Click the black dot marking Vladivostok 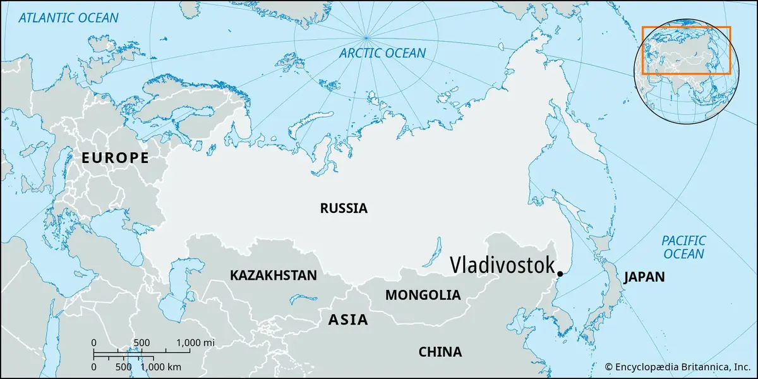[560, 274]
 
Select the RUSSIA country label [343, 208]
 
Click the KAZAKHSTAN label [273, 275]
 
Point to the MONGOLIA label [423, 295]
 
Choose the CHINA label [440, 352]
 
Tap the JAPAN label [644, 277]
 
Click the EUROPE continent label [115, 158]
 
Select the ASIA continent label [347, 320]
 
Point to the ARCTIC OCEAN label [382, 53]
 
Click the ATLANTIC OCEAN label [68, 18]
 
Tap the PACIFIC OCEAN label [683, 247]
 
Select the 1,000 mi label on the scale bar [196, 342]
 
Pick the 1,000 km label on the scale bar [161, 366]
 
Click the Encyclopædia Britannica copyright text [677, 366]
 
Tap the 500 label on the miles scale [141, 342]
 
